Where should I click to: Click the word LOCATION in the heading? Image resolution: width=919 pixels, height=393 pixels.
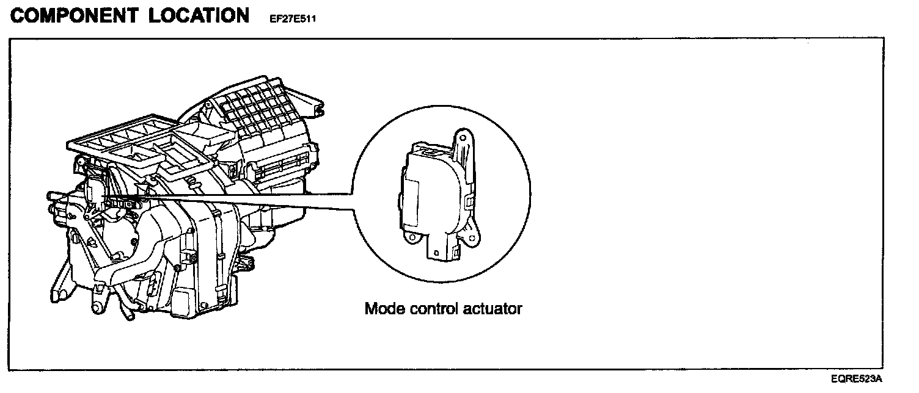[x=199, y=16]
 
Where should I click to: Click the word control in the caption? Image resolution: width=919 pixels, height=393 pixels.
[x=432, y=308]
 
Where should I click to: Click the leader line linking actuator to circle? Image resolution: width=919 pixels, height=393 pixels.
[x=244, y=201]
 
